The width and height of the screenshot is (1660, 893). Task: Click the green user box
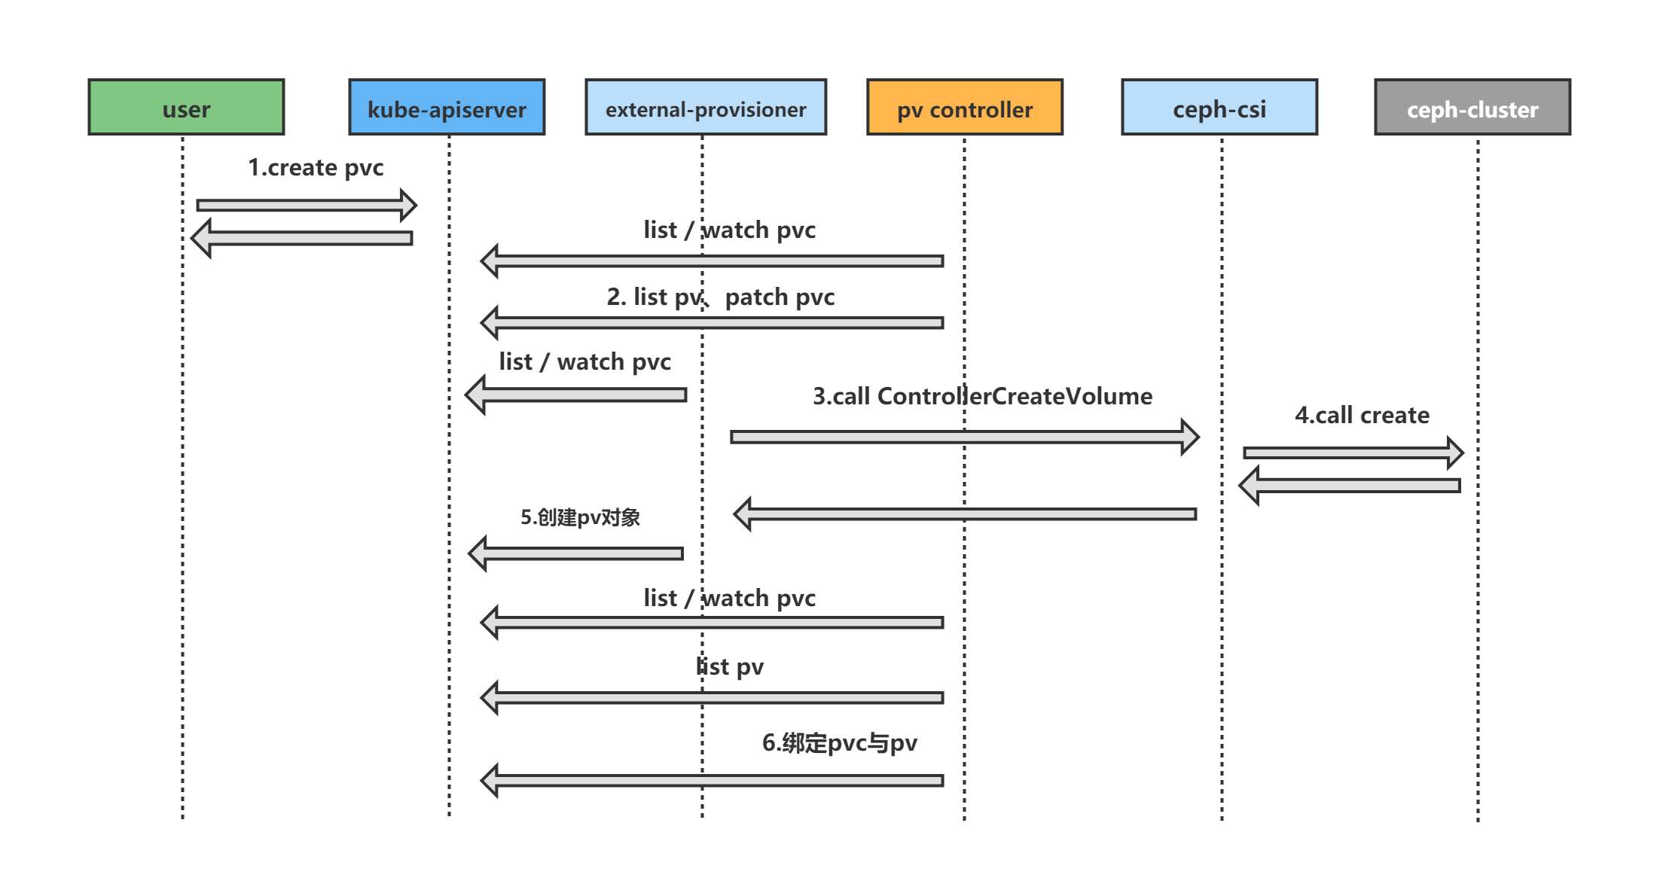[186, 108]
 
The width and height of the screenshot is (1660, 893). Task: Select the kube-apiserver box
[447, 108]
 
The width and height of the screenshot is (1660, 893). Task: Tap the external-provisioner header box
[706, 108]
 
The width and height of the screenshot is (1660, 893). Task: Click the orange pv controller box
[965, 108]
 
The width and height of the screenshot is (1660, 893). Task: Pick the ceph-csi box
[1219, 108]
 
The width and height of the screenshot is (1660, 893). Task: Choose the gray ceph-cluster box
[1472, 108]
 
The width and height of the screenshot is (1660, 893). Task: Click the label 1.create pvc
[316, 167]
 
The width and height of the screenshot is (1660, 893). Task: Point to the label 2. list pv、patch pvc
[721, 297]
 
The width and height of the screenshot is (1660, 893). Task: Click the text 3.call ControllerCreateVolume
[982, 396]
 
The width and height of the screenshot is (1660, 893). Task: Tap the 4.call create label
[1362, 415]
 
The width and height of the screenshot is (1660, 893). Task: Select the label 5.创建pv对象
[580, 517]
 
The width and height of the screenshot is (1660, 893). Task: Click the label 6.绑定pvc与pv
[839, 742]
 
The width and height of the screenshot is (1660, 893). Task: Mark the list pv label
[730, 666]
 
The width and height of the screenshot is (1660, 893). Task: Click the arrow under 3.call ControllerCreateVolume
[964, 437]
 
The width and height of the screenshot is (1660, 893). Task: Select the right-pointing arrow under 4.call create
[1352, 453]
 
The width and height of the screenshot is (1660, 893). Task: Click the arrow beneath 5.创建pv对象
[576, 553]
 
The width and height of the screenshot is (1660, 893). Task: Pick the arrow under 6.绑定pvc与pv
[712, 780]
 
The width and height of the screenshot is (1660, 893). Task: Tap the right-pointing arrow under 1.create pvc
[305, 205]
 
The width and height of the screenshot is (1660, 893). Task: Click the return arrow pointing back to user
[301, 238]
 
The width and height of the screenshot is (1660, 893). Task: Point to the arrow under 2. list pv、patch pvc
[712, 322]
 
